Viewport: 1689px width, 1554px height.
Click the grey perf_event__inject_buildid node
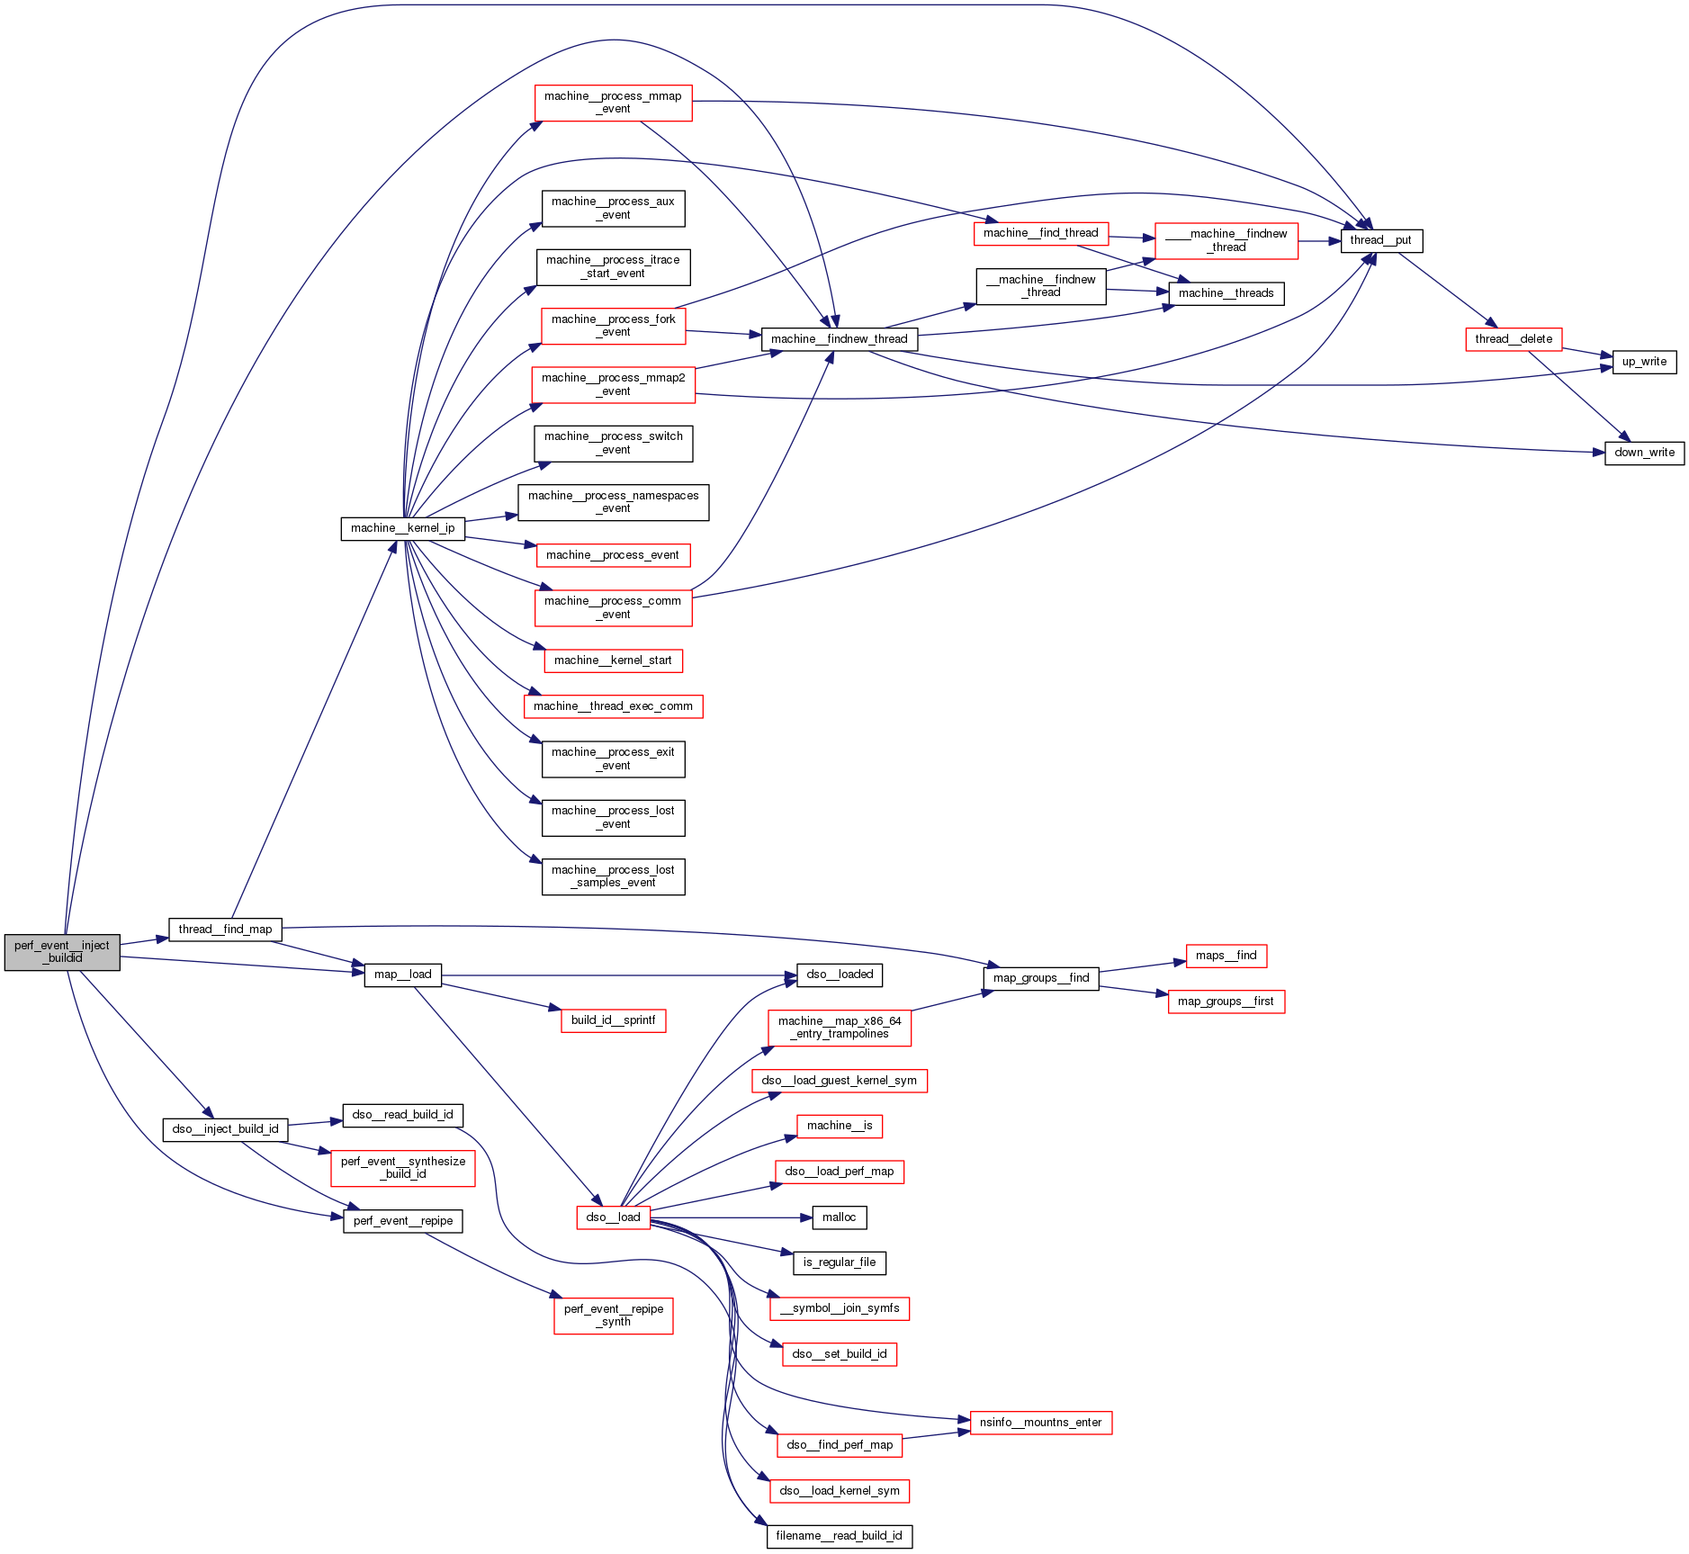pyautogui.click(x=62, y=952)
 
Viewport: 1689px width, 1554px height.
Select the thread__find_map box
pyautogui.click(x=225, y=930)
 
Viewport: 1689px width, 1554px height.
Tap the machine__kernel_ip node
pyautogui.click(x=402, y=528)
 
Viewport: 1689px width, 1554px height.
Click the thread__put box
pyautogui.click(x=1380, y=240)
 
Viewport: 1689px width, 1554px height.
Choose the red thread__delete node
pyautogui.click(x=1514, y=339)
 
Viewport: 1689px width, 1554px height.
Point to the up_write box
pyautogui.click(x=1644, y=362)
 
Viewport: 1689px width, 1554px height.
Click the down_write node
pyautogui.click(x=1644, y=453)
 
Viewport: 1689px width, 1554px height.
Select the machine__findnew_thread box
pyautogui.click(x=840, y=339)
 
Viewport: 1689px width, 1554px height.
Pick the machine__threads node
pyautogui.click(x=1226, y=293)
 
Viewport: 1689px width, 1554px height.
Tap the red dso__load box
pyautogui.click(x=613, y=1217)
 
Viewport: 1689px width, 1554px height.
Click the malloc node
pyautogui.click(x=839, y=1217)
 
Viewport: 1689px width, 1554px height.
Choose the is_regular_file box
pyautogui.click(x=839, y=1262)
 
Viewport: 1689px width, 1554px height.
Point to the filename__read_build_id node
pyautogui.click(x=839, y=1536)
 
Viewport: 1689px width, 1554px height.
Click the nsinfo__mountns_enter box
pyautogui.click(x=1040, y=1423)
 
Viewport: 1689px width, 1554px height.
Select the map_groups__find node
pyautogui.click(x=1040, y=978)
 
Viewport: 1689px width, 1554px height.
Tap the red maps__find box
pyautogui.click(x=1226, y=956)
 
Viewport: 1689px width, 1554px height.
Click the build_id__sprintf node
pyautogui.click(x=613, y=1020)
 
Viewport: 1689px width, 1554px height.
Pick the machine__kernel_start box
pyautogui.click(x=613, y=660)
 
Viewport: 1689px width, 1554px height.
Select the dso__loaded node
pyautogui.click(x=839, y=975)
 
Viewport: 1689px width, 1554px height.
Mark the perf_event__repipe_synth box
pyautogui.click(x=613, y=1316)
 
